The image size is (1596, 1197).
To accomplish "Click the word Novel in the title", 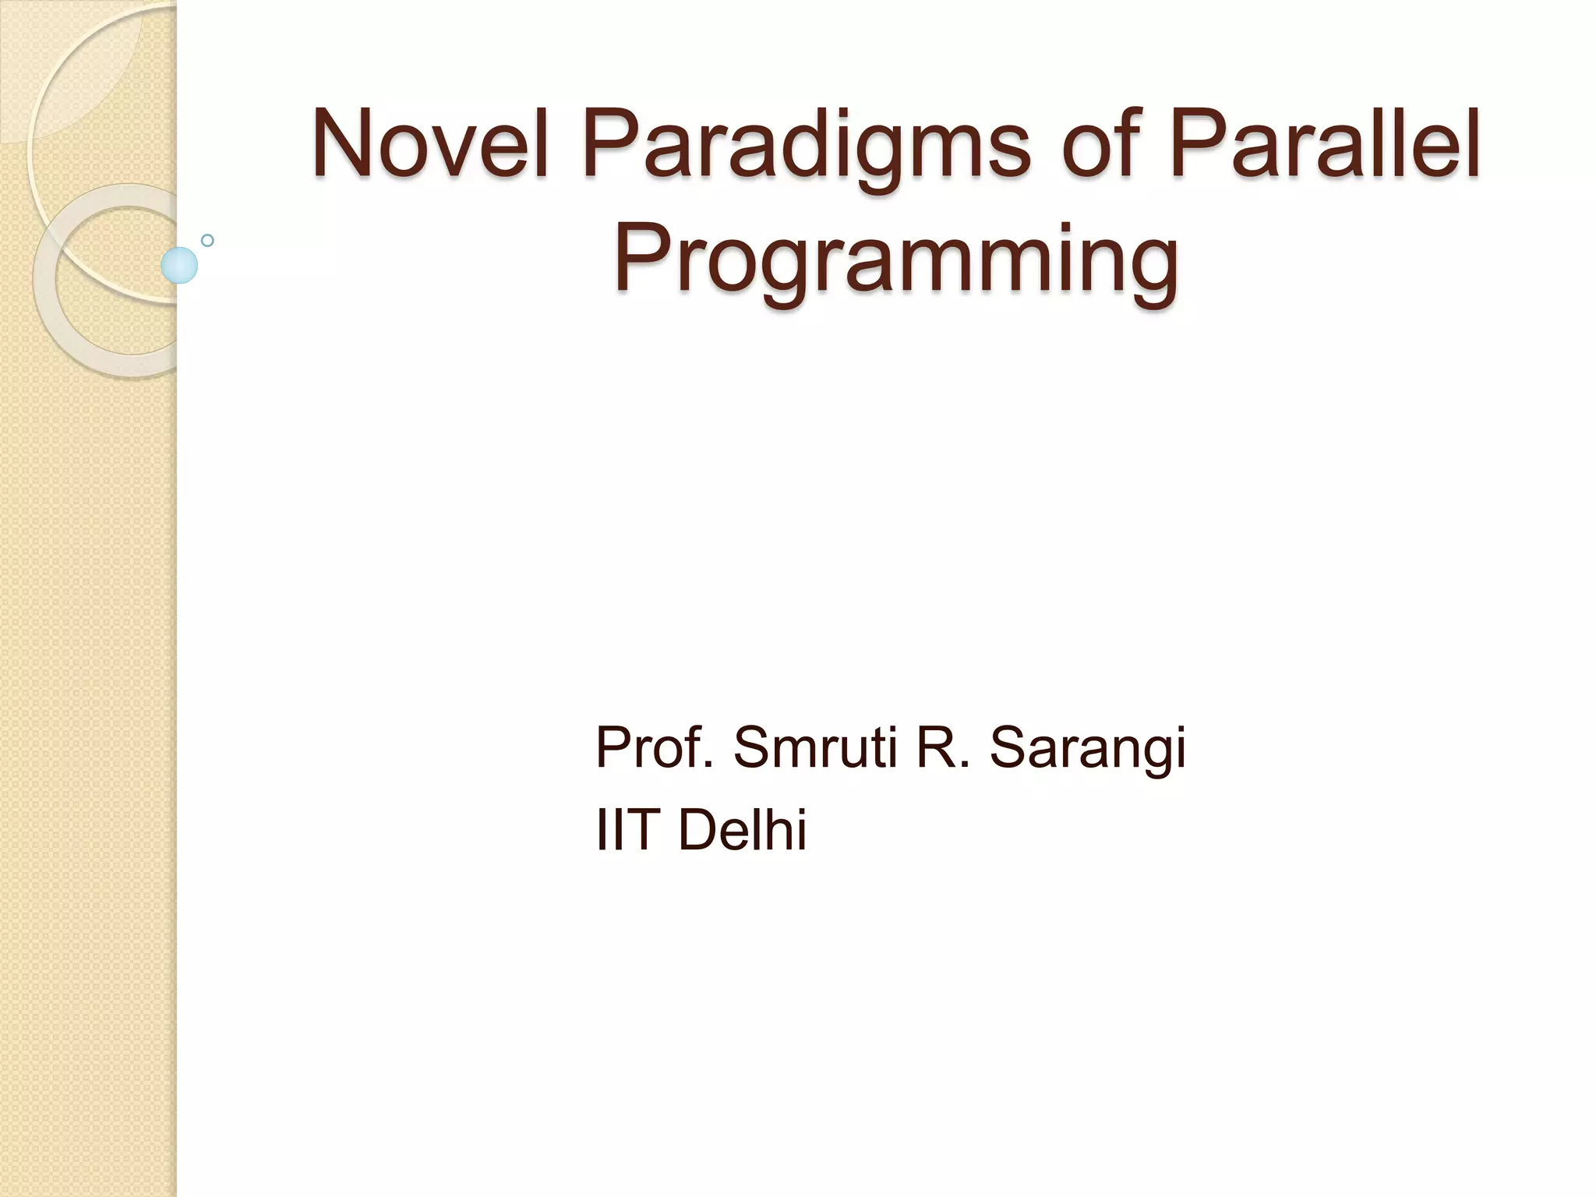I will [x=431, y=145].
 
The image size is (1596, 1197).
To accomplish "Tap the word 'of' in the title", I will [x=1100, y=145].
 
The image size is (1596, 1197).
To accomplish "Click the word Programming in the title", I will [x=895, y=261].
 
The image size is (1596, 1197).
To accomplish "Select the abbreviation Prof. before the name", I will [x=654, y=747].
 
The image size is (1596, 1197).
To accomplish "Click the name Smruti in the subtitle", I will [x=815, y=747].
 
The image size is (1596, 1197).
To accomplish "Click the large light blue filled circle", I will [x=179, y=265].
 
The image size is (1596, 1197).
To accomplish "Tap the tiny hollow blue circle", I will [x=207, y=240].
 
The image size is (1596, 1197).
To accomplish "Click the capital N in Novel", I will [x=341, y=145].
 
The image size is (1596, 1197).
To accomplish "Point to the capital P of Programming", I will [x=641, y=257].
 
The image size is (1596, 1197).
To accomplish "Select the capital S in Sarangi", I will [x=1011, y=747].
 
